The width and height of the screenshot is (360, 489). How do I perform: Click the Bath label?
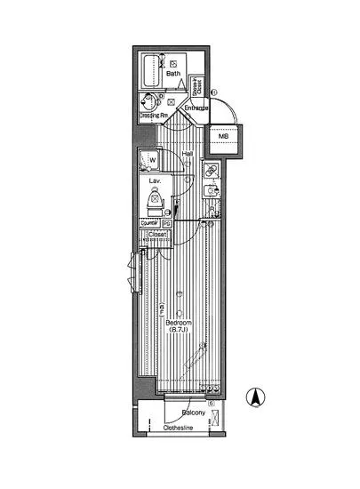pos(173,75)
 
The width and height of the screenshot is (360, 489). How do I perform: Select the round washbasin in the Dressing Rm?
pos(148,101)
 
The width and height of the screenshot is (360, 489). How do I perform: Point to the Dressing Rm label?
pos(152,116)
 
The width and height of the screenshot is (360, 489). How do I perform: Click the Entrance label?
pos(196,108)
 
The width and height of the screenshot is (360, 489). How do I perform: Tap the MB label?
pos(224,137)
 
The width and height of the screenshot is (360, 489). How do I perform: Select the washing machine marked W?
pos(148,160)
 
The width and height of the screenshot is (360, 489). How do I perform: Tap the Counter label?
pos(149,224)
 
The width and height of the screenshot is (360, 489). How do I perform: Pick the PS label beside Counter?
pos(166,224)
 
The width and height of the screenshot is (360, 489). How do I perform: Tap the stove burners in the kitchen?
pos(211,170)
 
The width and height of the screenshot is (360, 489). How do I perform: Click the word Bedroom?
pos(180,322)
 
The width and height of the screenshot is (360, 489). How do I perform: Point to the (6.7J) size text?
pos(181,331)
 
